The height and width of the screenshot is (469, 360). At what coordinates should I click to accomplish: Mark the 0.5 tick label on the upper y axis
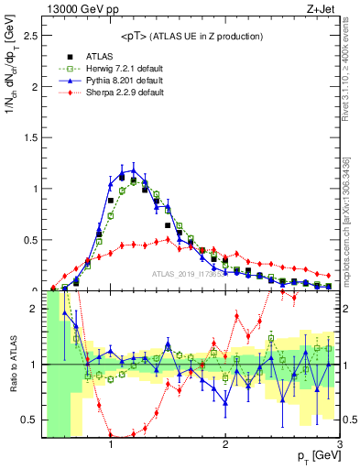28,240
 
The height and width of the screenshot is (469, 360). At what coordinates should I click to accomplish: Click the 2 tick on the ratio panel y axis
33,309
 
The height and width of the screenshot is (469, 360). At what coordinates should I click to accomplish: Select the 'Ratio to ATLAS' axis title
11,366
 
